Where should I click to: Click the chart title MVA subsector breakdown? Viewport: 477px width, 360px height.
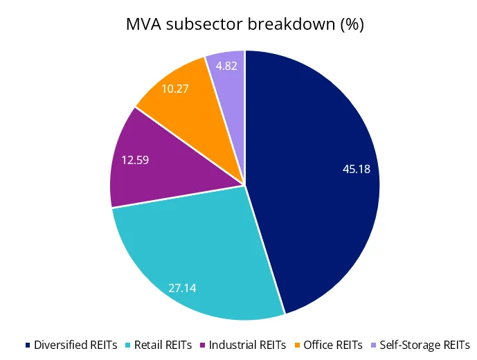[x=244, y=24]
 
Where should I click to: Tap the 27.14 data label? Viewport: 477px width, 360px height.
[x=182, y=287]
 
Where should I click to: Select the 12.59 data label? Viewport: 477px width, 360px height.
[x=136, y=160]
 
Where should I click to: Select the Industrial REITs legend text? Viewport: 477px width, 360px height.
[x=247, y=344]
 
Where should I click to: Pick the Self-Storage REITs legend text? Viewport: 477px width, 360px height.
[x=425, y=344]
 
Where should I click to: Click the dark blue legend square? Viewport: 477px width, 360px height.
[x=28, y=345]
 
